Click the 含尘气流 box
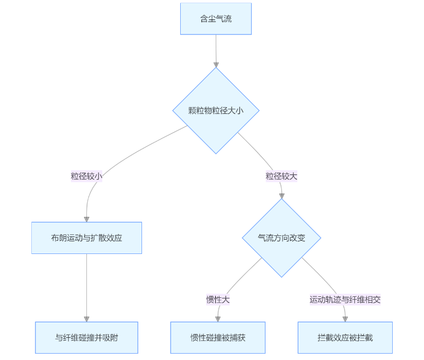[216, 19]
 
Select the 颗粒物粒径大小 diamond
[216, 110]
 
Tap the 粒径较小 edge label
[86, 176]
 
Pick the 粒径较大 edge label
[281, 176]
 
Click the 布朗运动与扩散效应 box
[86, 238]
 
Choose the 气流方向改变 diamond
[281, 238]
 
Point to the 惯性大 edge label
[218, 300]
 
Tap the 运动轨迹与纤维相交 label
[345, 300]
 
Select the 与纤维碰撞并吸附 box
[86, 337]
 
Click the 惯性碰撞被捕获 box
[218, 337]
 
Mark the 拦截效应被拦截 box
[345, 337]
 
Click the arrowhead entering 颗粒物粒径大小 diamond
[216, 65]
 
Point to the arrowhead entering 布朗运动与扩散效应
[86, 219]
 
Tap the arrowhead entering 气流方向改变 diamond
[281, 196]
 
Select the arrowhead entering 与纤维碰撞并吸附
[86, 319]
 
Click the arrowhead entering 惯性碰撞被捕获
[218, 319]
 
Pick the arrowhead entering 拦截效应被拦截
[345, 319]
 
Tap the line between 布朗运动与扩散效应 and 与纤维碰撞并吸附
[86, 286]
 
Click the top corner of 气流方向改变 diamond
[281, 199]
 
